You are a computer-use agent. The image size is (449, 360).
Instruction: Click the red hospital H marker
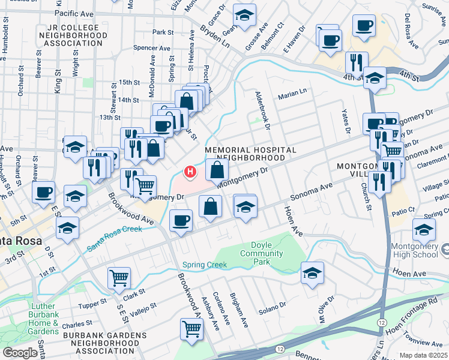coord(190,173)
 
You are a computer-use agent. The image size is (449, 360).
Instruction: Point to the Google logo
coord(20,352)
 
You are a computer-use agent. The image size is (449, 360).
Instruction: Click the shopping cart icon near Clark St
coord(119,277)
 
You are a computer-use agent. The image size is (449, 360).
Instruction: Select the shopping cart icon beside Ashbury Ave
coord(191,328)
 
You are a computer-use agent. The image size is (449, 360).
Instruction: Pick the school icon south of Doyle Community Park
coord(312,273)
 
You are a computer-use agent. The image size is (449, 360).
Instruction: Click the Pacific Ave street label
coord(74,12)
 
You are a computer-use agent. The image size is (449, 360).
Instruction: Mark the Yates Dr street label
coord(346,121)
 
